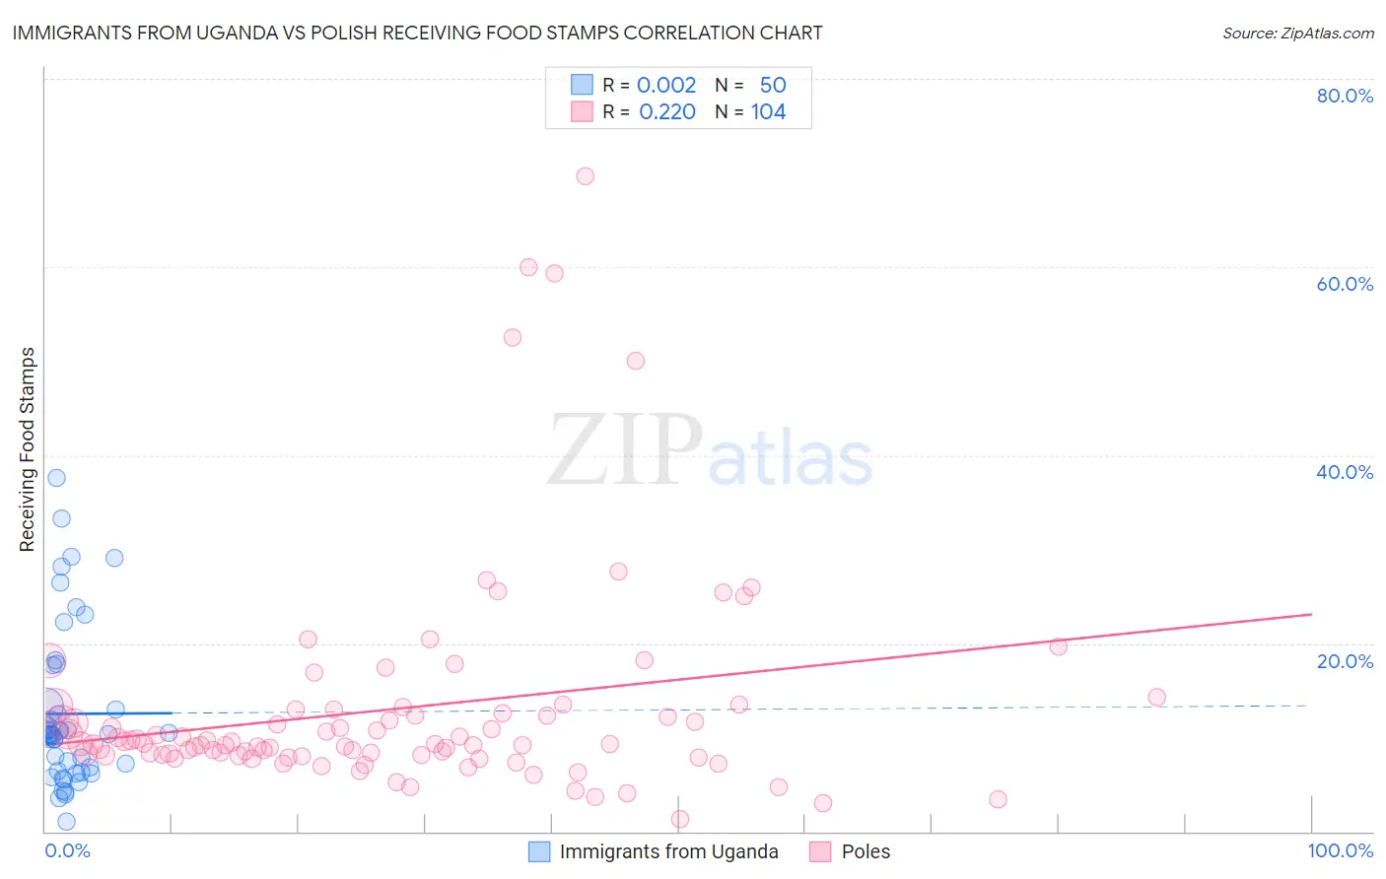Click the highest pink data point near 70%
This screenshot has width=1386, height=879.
point(585,176)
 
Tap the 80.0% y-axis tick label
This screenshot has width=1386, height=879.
point(1345,96)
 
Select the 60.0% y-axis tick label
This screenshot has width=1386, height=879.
point(1345,284)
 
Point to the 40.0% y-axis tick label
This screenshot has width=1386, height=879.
point(1345,472)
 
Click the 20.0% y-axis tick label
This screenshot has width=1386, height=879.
point(1345,661)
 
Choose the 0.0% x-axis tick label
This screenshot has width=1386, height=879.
point(67,850)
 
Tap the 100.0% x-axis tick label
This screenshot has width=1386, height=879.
point(1340,850)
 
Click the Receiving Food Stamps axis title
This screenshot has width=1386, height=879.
point(28,449)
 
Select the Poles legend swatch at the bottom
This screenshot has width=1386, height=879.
point(820,851)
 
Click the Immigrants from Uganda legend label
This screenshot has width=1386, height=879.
point(668,851)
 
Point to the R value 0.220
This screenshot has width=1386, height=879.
point(667,112)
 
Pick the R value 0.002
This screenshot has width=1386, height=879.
point(666,86)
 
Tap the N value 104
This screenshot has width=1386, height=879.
point(768,112)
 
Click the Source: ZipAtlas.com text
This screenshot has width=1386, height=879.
point(1297,34)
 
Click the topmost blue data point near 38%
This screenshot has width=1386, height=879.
point(56,478)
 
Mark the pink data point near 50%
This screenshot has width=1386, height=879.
point(636,361)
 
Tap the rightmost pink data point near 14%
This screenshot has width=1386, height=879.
point(1156,698)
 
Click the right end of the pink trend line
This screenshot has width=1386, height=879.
point(1311,614)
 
